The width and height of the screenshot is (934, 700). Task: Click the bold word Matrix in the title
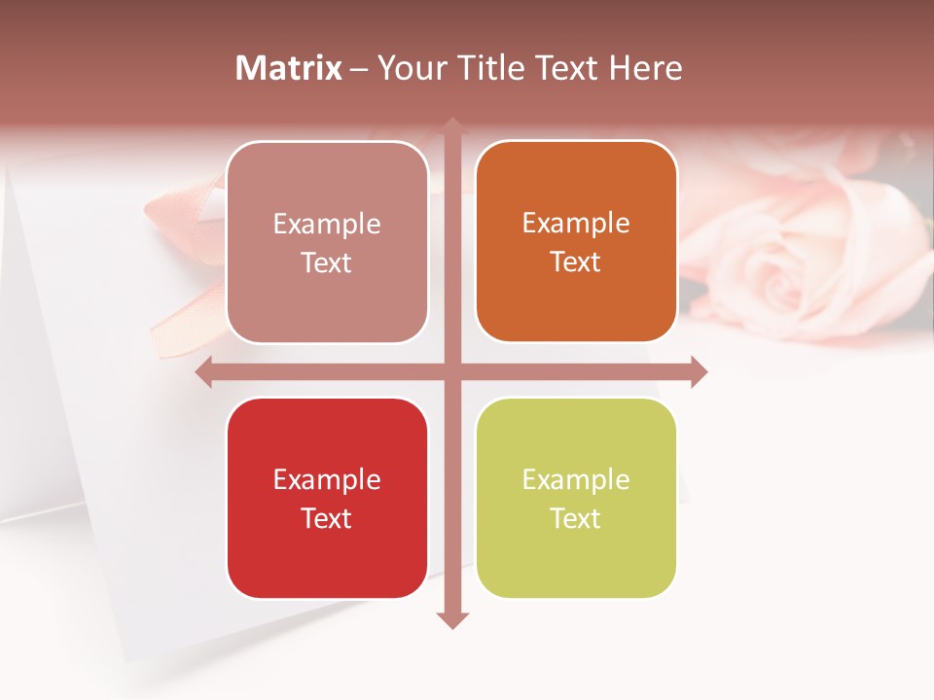(289, 68)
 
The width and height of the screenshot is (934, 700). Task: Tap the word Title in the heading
(485, 68)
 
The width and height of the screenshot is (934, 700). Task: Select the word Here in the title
(645, 68)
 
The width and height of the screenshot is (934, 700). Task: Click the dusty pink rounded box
(327, 242)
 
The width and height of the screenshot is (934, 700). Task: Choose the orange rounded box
(576, 241)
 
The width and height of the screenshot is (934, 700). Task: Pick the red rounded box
(327, 498)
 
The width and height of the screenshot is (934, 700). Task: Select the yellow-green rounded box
(576, 498)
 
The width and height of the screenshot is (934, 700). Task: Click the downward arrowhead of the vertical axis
(452, 619)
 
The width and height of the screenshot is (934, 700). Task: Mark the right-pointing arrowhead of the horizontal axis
(698, 371)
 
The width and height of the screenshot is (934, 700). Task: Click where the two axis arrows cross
(452, 371)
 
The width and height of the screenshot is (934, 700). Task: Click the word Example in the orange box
(576, 223)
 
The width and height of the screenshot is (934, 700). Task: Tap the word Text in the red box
(327, 518)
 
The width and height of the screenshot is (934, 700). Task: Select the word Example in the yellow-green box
(576, 479)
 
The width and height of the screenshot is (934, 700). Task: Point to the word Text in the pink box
(327, 262)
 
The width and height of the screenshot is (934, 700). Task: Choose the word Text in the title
(564, 68)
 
